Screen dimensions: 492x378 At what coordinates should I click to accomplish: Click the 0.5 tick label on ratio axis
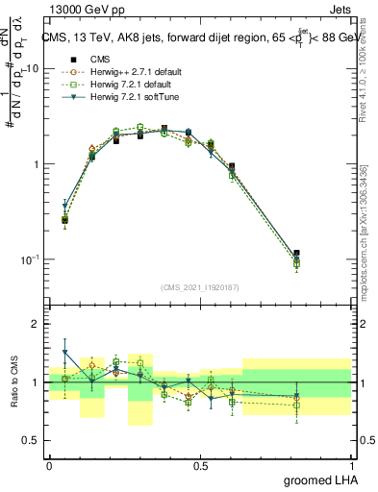34,441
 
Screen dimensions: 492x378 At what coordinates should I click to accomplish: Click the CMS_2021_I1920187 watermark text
200,286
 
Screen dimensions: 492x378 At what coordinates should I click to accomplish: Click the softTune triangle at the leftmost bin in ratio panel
64,353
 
